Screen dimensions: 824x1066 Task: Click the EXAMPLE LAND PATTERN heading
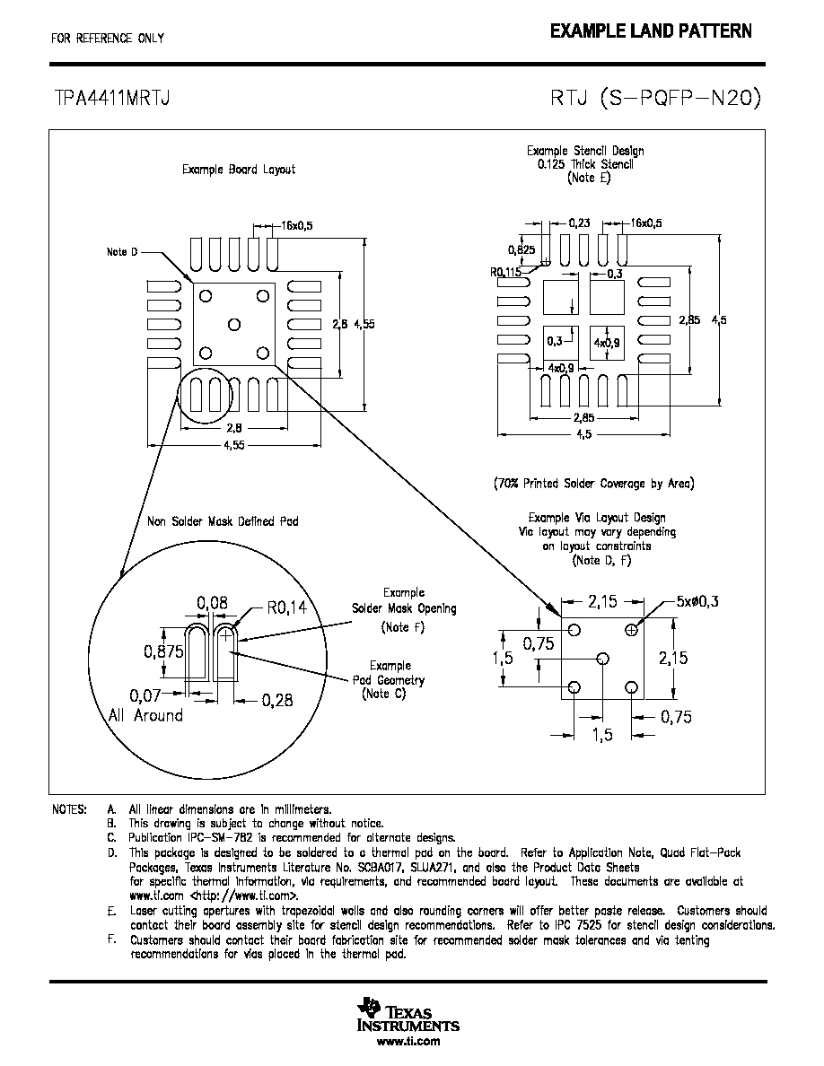[651, 31]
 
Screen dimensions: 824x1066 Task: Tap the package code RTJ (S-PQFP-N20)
[655, 99]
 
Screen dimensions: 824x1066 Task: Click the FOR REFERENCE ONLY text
[108, 39]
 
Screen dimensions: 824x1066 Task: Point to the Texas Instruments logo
[408, 1015]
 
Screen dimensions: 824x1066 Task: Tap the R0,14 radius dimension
[287, 607]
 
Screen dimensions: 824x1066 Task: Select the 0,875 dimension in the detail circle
[163, 651]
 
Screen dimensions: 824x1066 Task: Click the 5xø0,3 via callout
[697, 601]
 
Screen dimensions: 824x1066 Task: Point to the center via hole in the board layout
[234, 325]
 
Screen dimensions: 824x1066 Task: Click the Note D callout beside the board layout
[122, 252]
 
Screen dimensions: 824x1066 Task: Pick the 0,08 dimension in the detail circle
[212, 602]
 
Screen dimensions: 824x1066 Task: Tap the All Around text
[146, 715]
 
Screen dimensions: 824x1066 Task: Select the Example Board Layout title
[239, 170]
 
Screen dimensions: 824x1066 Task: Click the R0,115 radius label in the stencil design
[505, 272]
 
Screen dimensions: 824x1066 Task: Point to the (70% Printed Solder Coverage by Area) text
[593, 484]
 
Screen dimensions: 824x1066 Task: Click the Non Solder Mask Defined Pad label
[223, 521]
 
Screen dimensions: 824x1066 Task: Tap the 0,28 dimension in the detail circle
[277, 700]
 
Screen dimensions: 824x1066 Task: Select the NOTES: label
[69, 809]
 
